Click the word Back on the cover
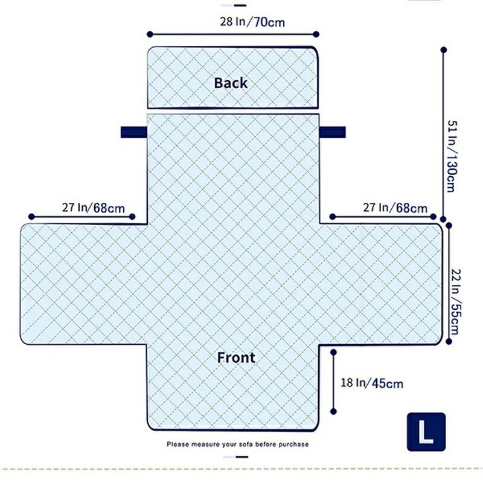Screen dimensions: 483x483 (231, 83)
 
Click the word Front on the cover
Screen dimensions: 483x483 (236, 357)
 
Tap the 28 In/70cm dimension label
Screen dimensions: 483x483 (252, 22)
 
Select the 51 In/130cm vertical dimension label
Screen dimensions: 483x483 (452, 156)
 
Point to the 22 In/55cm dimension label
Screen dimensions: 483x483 (456, 301)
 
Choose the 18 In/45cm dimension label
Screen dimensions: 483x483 (372, 383)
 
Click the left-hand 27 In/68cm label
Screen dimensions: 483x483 (94, 208)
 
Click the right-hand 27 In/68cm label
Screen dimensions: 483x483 (395, 208)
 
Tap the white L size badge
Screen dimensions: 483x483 (426, 432)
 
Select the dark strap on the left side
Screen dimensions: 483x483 (134, 132)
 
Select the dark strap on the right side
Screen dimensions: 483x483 (333, 132)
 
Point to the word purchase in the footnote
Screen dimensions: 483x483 (293, 444)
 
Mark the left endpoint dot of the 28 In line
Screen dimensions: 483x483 (150, 34)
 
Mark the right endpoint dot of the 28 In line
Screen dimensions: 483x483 (316, 34)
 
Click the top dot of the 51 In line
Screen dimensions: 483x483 (444, 50)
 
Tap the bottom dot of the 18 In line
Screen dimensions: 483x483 (333, 411)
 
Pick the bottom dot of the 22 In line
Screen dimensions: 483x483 (449, 341)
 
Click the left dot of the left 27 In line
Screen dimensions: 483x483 (31, 217)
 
